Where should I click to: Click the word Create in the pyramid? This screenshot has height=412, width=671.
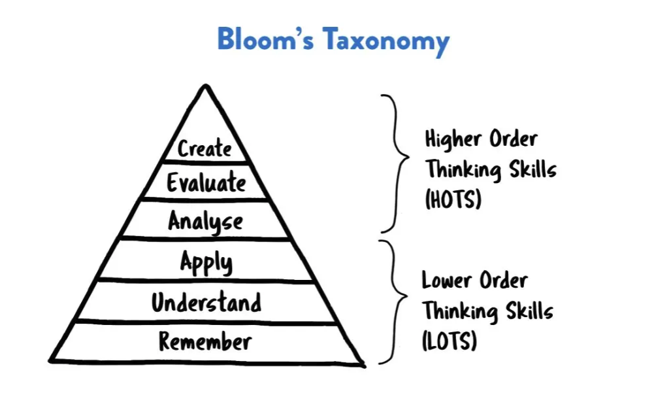[x=205, y=148]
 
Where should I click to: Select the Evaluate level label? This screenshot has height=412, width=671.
[x=206, y=182]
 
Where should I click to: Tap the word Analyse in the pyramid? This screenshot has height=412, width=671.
[x=205, y=222]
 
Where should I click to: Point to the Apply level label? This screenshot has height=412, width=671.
[x=206, y=262]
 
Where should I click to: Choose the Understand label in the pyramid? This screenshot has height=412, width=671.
[x=206, y=303]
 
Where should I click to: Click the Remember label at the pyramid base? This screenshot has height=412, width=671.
[x=205, y=341]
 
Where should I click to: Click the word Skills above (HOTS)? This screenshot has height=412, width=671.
[x=531, y=169]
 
